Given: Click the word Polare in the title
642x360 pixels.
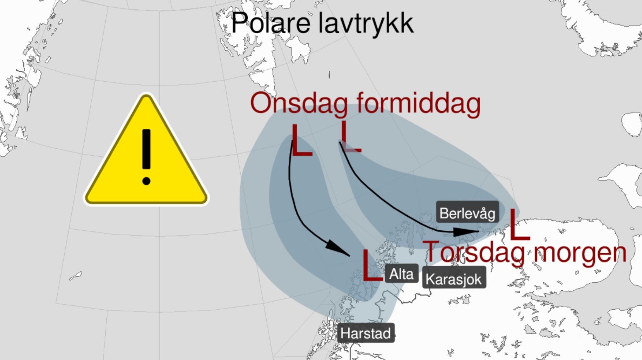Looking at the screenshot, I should click(270, 23).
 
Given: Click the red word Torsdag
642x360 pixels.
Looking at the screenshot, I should click(475, 252).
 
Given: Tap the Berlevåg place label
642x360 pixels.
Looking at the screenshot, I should click(467, 213).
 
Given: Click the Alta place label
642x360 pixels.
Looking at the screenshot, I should click(401, 274).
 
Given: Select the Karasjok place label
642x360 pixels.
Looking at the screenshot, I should click(454, 279).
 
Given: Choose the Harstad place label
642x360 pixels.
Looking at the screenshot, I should click(366, 333).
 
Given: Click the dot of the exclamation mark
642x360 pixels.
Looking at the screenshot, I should click(146, 181).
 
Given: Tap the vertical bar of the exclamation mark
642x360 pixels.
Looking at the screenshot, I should click(146, 149).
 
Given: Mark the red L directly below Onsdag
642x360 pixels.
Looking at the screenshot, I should click(300, 141).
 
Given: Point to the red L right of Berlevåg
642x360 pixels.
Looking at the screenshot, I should click(518, 225).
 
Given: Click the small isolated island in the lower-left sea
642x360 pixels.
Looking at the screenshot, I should click(75, 276).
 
